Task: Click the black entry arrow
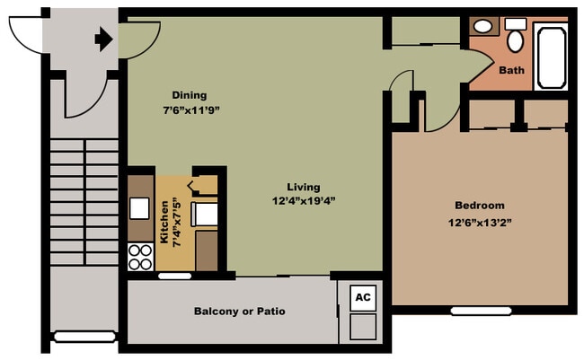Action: click(103, 39)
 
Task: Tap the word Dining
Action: click(190, 95)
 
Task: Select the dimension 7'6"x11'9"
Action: click(191, 110)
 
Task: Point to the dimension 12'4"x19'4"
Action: click(305, 201)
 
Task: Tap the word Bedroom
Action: click(479, 205)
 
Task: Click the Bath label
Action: click(511, 70)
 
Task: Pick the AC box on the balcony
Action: click(362, 297)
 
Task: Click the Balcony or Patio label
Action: click(240, 312)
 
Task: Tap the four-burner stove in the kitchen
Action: click(141, 257)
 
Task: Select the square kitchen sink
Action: click(139, 208)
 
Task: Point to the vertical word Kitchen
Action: click(164, 223)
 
